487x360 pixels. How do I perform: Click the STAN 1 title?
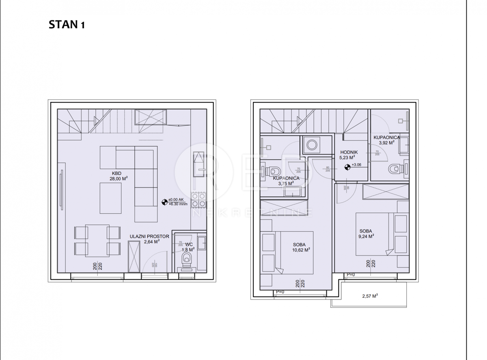[67, 25]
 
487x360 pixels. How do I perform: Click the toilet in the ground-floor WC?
[187, 258]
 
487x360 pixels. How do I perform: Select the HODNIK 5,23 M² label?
[349, 155]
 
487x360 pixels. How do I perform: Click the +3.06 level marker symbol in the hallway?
[347, 166]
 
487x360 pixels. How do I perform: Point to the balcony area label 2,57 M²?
[370, 296]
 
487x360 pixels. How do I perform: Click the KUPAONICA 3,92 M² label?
[386, 140]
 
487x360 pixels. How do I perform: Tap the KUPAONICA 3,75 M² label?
[286, 181]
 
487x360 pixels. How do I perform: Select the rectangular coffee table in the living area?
[111, 198]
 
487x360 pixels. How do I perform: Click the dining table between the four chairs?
[97, 240]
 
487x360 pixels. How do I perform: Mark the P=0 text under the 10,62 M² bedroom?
[280, 292]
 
